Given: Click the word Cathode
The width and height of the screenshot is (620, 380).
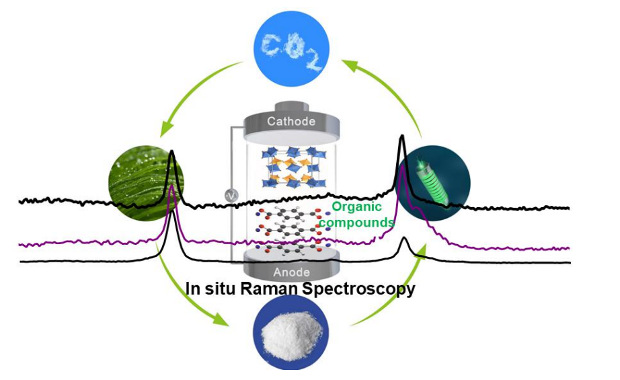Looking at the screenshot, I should (290, 122).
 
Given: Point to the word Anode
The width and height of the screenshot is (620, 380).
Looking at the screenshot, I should (290, 272).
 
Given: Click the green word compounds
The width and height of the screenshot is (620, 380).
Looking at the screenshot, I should (362, 222).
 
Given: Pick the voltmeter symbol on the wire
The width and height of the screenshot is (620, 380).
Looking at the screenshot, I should (230, 195).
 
